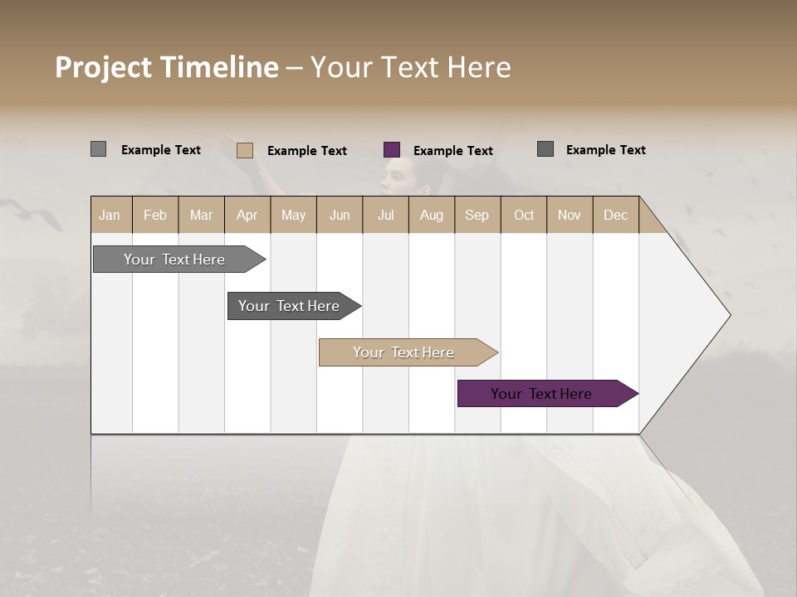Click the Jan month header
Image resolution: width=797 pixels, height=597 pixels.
[110, 215]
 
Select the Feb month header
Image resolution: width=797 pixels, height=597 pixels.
[155, 215]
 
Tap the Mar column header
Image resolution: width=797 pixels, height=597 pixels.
[201, 215]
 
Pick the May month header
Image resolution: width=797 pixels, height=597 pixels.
[293, 215]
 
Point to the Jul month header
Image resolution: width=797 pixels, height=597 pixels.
[385, 215]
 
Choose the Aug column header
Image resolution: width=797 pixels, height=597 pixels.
[431, 215]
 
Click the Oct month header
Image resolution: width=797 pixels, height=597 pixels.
[523, 215]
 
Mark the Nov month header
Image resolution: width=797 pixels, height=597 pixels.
[569, 215]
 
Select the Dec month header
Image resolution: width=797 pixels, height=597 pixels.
[615, 215]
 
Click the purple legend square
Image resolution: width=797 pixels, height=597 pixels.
[392, 150]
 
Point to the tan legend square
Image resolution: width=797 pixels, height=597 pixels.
[245, 150]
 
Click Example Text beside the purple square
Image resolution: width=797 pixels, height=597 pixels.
[452, 151]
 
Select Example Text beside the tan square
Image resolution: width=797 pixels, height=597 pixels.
[306, 151]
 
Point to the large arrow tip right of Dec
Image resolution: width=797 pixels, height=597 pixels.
[697, 315]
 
